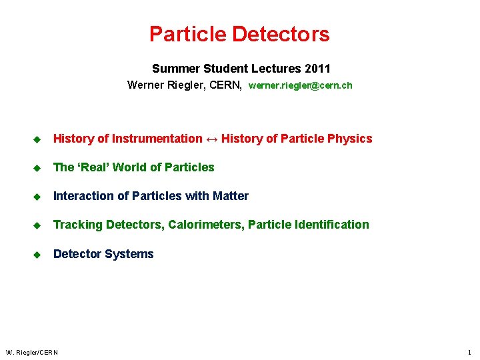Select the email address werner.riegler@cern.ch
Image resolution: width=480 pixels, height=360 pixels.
tap(300, 85)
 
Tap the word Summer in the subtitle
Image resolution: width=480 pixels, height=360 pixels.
tap(171, 69)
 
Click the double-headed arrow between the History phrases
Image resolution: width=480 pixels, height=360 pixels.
tap(211, 139)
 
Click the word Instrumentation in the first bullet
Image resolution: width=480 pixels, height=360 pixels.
tap(157, 139)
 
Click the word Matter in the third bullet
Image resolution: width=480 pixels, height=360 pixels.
tap(231, 196)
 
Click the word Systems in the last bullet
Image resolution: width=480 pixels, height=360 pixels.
tap(133, 254)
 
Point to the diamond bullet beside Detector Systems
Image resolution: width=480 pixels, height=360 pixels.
tap(37, 254)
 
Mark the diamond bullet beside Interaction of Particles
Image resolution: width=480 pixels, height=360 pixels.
tap(37, 196)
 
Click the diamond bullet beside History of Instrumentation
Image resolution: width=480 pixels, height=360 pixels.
tap(37, 139)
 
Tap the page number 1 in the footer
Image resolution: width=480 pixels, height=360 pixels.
tap(469, 352)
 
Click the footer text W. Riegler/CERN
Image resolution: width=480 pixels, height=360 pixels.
tap(32, 352)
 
